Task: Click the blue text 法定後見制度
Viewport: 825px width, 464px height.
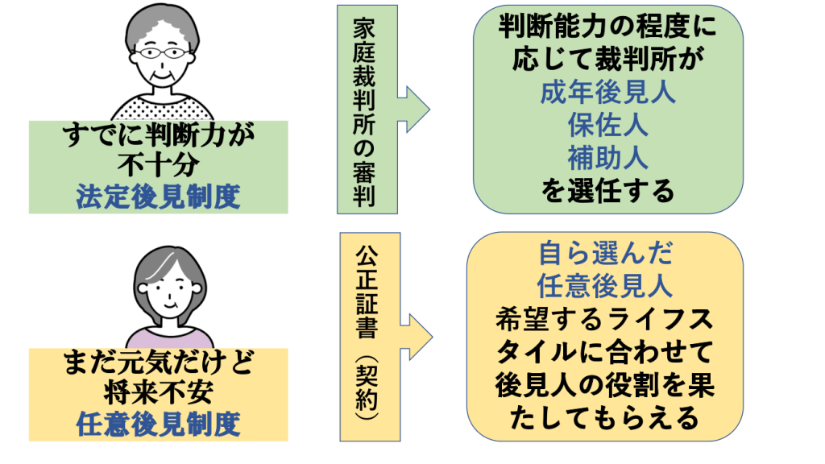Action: [159, 197]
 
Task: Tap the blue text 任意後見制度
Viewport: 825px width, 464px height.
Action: [159, 425]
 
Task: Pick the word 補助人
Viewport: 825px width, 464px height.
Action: [607, 158]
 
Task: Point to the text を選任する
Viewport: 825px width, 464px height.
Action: [607, 192]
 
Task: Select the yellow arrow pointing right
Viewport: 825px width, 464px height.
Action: [417, 331]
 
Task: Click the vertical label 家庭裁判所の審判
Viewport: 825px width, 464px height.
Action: [367, 114]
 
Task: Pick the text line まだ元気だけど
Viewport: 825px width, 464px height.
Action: [159, 365]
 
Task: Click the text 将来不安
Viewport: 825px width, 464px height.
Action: [159, 395]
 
